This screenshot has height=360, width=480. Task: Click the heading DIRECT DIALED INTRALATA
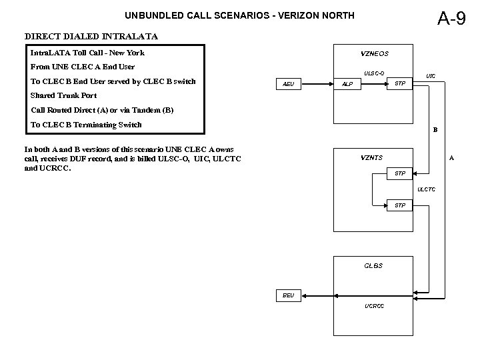(x=91, y=36)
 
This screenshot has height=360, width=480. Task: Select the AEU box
(x=289, y=84)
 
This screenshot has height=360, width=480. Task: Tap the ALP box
(x=347, y=85)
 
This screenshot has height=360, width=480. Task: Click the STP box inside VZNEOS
(x=399, y=83)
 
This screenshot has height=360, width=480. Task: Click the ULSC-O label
(x=373, y=73)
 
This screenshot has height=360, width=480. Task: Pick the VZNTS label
(x=371, y=157)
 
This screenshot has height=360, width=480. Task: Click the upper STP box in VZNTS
(x=400, y=174)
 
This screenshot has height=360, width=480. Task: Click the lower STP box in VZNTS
(x=400, y=205)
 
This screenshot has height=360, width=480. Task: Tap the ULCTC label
(x=426, y=189)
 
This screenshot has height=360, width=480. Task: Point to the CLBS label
(x=373, y=265)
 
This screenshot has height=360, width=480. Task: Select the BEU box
(x=288, y=295)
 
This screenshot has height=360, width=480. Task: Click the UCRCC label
(x=374, y=306)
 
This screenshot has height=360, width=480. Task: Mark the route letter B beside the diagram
(x=435, y=129)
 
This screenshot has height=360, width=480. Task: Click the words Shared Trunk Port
(x=63, y=95)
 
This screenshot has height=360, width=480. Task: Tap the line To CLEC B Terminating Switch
(x=86, y=125)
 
